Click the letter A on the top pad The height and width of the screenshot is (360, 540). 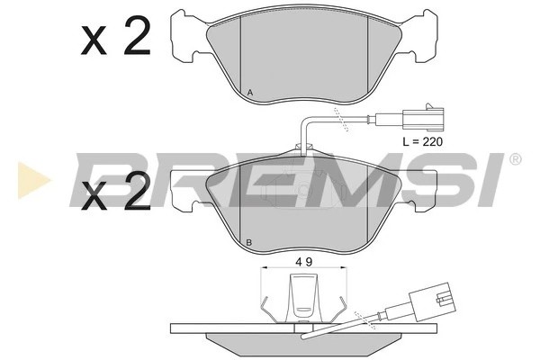pos(249,94)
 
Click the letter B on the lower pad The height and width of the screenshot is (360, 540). pos(249,241)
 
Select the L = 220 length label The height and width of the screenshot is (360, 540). pos(421,141)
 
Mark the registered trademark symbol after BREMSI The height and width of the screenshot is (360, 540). pos(515,159)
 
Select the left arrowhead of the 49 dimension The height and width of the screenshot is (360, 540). pos(263,269)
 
